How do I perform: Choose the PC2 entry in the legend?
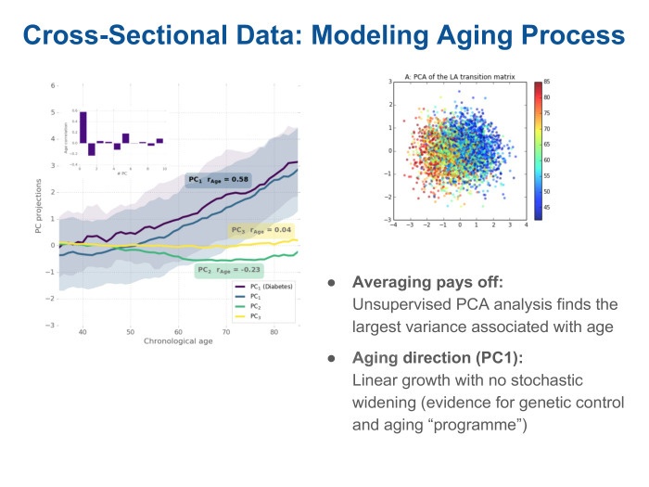(259, 306)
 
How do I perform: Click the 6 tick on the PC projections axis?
(53, 85)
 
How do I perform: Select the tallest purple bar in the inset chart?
(83, 128)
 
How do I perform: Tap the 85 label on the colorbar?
(548, 83)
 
